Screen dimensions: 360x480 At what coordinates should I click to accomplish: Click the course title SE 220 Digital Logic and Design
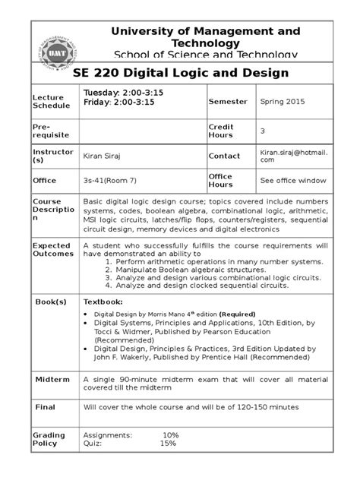pos(181,73)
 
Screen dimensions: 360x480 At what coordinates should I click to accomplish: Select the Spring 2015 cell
pos(283,101)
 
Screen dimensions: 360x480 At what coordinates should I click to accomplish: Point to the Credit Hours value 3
pos(263,131)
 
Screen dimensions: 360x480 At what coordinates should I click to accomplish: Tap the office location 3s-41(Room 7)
pos(115,181)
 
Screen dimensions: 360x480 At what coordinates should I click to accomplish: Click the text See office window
pos(293,181)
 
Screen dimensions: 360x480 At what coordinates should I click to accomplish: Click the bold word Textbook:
pos(103,302)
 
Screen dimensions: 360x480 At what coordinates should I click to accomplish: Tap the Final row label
pos(46,406)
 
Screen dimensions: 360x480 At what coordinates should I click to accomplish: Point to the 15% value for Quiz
pos(168,444)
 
